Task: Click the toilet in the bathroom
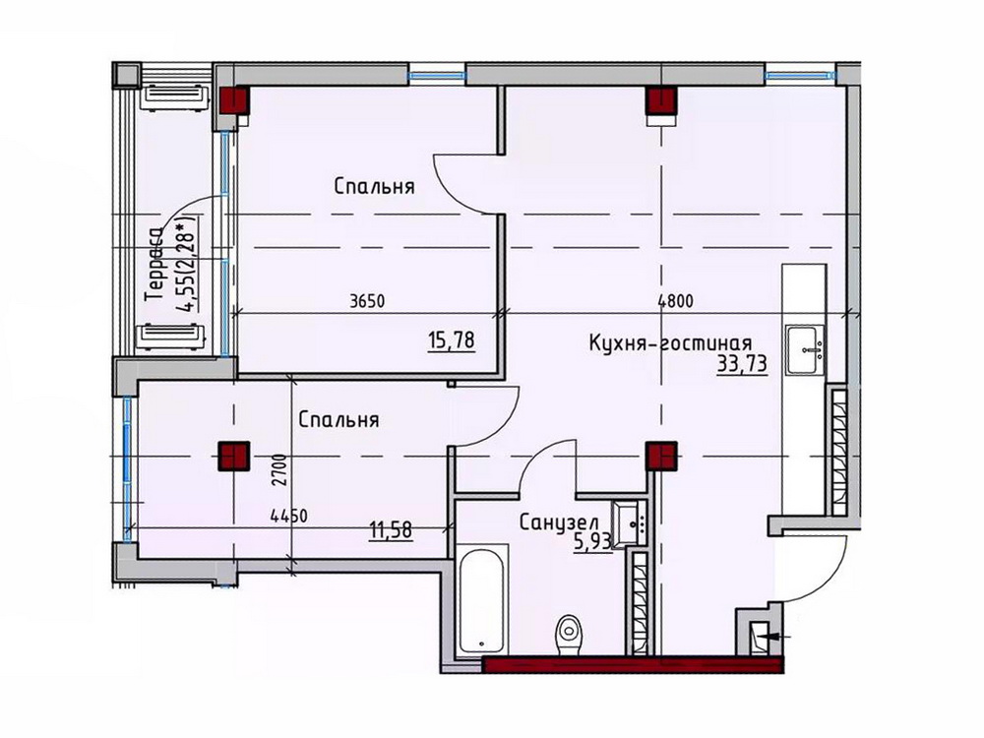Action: (x=568, y=635)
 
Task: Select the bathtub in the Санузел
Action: (x=481, y=601)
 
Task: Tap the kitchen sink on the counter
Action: (x=805, y=351)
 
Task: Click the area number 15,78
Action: (x=452, y=340)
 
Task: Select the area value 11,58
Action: (x=391, y=530)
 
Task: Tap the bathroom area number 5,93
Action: (x=592, y=541)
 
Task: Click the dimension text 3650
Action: (x=367, y=301)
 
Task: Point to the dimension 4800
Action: (x=675, y=301)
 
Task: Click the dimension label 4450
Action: (x=288, y=517)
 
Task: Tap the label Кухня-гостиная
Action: (x=670, y=343)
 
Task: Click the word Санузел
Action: (x=559, y=523)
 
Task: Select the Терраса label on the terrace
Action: (x=154, y=266)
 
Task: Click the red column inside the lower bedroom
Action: (x=233, y=457)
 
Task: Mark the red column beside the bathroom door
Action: (x=661, y=457)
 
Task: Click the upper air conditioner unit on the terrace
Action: (x=175, y=96)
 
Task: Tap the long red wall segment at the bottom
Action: (x=633, y=664)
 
